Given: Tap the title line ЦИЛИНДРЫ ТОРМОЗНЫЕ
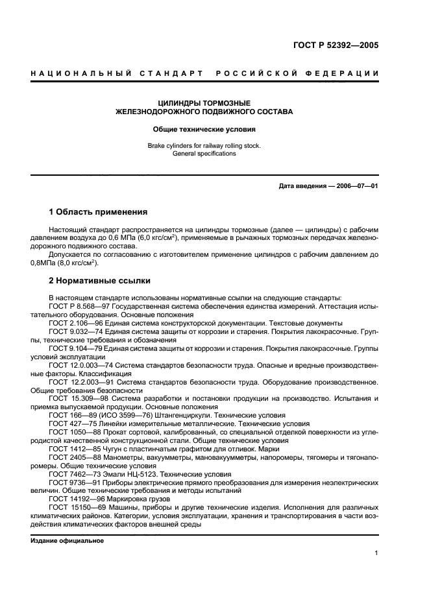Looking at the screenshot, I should click(204, 102).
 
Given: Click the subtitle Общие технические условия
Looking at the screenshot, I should click(204, 129).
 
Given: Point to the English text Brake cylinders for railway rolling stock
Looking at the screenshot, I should click(204, 146).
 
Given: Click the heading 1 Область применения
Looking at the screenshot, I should click(98, 212).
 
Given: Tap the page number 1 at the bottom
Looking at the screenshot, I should click(376, 553).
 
